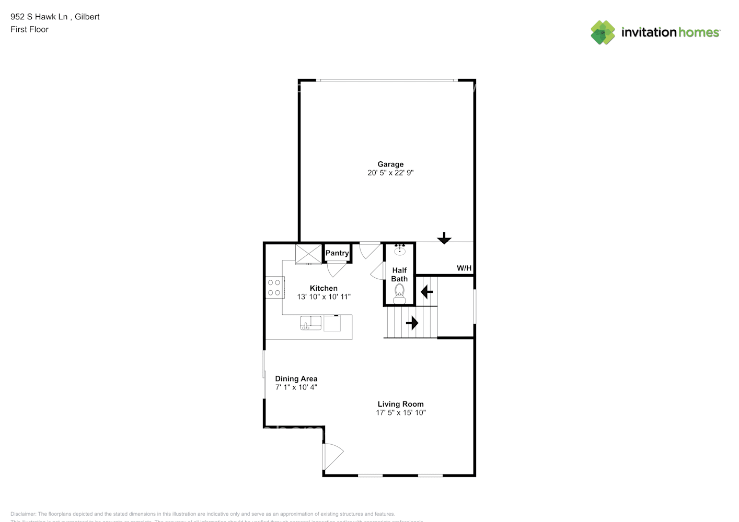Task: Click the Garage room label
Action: click(390, 164)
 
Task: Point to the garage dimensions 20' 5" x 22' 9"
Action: click(390, 173)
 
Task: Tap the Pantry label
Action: click(337, 253)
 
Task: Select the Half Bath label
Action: click(399, 275)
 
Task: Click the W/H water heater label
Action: click(464, 268)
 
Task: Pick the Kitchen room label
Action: click(324, 288)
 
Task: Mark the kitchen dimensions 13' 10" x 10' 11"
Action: click(324, 297)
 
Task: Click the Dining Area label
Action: click(296, 379)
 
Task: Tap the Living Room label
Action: click(400, 404)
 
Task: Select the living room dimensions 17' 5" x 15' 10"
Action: click(400, 413)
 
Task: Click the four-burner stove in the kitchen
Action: click(274, 288)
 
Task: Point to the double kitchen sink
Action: click(311, 323)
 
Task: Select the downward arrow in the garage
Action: click(444, 239)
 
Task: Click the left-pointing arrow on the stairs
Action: click(427, 291)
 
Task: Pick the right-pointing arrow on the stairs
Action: click(412, 323)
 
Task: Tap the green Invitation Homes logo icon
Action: click(603, 32)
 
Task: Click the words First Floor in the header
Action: click(29, 30)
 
